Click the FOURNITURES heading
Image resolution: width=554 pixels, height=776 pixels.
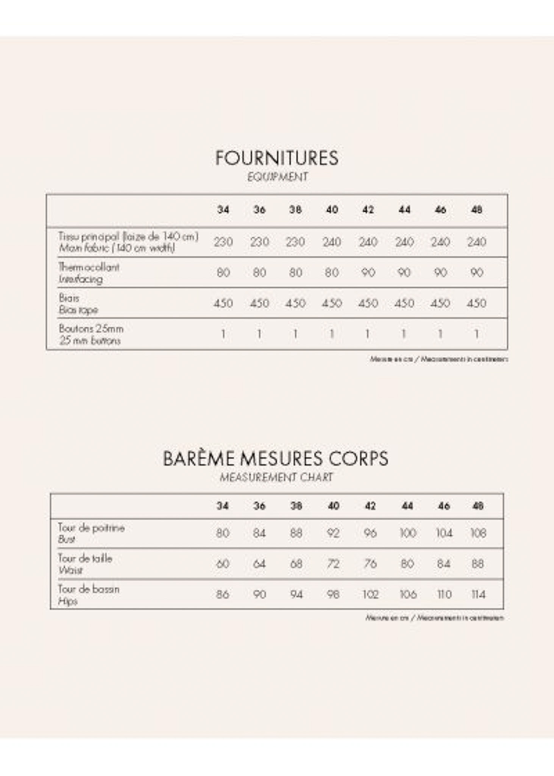(277, 158)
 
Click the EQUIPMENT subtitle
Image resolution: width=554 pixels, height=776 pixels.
(278, 177)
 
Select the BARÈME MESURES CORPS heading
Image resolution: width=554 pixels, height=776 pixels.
(276, 458)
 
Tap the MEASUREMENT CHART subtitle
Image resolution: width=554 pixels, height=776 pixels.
(276, 477)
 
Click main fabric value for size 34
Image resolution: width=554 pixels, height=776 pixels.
(223, 242)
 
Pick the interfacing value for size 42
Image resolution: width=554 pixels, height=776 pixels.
(368, 272)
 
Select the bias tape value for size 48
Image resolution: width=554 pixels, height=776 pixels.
(476, 303)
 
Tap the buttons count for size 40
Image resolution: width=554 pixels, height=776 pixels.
(332, 334)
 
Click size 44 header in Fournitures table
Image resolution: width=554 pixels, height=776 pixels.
(404, 210)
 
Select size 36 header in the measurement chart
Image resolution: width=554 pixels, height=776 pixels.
(259, 506)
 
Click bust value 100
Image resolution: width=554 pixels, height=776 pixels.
(408, 533)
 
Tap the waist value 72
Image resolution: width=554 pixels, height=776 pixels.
(333, 564)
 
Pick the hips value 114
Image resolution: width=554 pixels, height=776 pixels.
(478, 595)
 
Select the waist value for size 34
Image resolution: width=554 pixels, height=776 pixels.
(222, 564)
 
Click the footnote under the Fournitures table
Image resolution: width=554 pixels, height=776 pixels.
(439, 359)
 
